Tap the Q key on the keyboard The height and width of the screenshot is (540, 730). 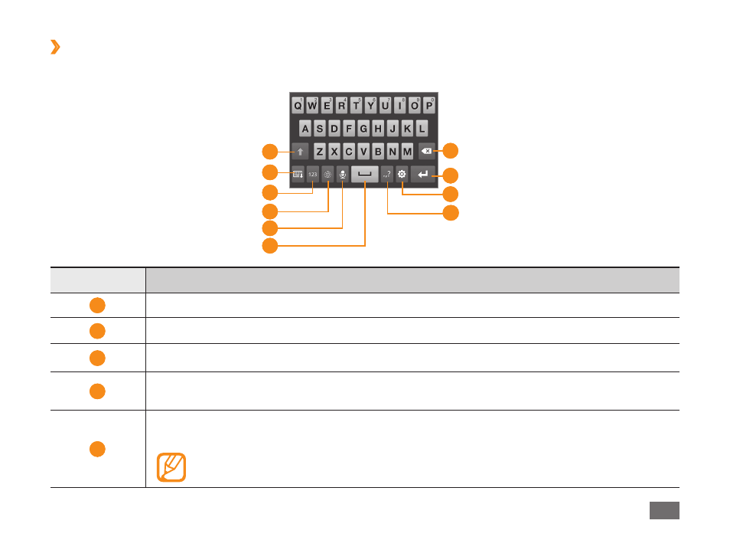[x=298, y=105]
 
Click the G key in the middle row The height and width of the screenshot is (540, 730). [x=363, y=128]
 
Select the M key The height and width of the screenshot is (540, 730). [x=407, y=151]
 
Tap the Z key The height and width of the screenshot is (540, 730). [x=319, y=151]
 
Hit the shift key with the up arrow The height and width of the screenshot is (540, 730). [x=300, y=152]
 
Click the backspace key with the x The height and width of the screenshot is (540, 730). [x=426, y=151]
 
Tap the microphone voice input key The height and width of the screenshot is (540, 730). [x=342, y=174]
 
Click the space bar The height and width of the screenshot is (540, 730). [x=364, y=174]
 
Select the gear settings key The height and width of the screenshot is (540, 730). [x=402, y=174]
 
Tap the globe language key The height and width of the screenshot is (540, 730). [x=328, y=174]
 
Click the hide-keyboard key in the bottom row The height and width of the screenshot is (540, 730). [x=298, y=174]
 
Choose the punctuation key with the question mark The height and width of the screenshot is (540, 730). [x=387, y=174]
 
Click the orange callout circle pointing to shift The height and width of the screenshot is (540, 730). [x=270, y=152]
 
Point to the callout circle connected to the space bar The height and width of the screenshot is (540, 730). [x=270, y=246]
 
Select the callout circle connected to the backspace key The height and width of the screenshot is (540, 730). [x=451, y=151]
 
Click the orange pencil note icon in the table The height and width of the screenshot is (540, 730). [x=171, y=466]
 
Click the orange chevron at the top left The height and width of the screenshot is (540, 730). [x=55, y=47]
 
